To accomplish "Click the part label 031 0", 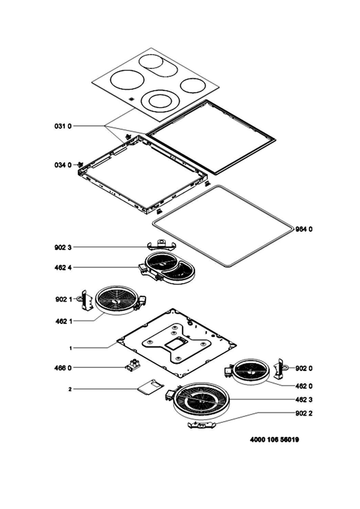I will pos(63,126).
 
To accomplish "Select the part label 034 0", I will pos(63,165).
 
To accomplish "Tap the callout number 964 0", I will pos(304,229).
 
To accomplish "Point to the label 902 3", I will pos(63,247).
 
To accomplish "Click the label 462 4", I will pos(63,268).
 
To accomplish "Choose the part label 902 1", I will pos(63,299).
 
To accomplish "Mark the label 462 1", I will pos(63,321).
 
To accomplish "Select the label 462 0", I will pos(304,386).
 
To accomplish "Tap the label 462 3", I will pos(304,400).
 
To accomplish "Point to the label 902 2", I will pos(304,414).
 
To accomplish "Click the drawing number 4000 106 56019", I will pos(275,440).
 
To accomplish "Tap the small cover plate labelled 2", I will pos(150,387).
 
